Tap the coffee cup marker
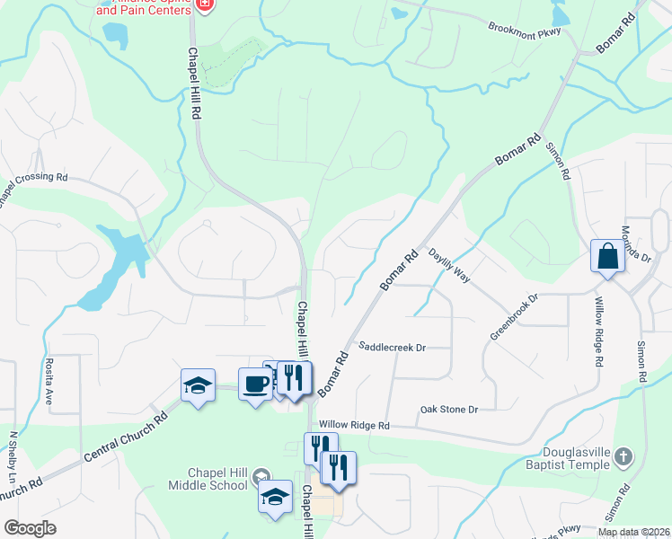pyautogui.click(x=255, y=384)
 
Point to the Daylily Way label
pyautogui.click(x=448, y=266)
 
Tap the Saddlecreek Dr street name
pyautogui.click(x=392, y=347)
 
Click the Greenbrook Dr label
pyautogui.click(x=513, y=315)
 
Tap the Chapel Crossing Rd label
pyautogui.click(x=32, y=186)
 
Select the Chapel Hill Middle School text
pyautogui.click(x=206, y=479)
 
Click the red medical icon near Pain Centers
pyautogui.click(x=205, y=4)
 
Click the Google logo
pyautogui.click(x=30, y=528)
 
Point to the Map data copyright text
pyautogui.click(x=633, y=532)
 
